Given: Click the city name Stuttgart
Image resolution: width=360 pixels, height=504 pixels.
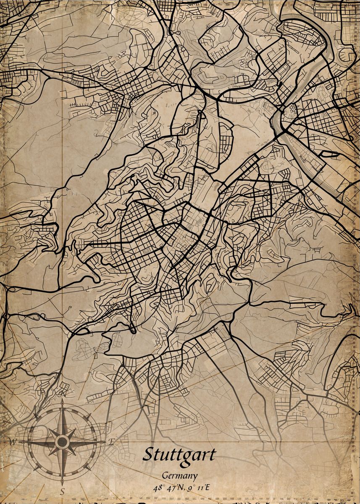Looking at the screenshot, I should [179, 455].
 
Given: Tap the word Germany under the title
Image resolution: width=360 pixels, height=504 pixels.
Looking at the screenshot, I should [180, 476].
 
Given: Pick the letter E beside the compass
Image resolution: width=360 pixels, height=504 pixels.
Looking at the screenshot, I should [111, 441].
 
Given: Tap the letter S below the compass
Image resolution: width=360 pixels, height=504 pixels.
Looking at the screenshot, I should [62, 491].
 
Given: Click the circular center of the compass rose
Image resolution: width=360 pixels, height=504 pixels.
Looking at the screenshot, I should [62, 441].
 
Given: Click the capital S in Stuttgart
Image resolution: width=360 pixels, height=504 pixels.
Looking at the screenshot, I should [148, 454].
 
